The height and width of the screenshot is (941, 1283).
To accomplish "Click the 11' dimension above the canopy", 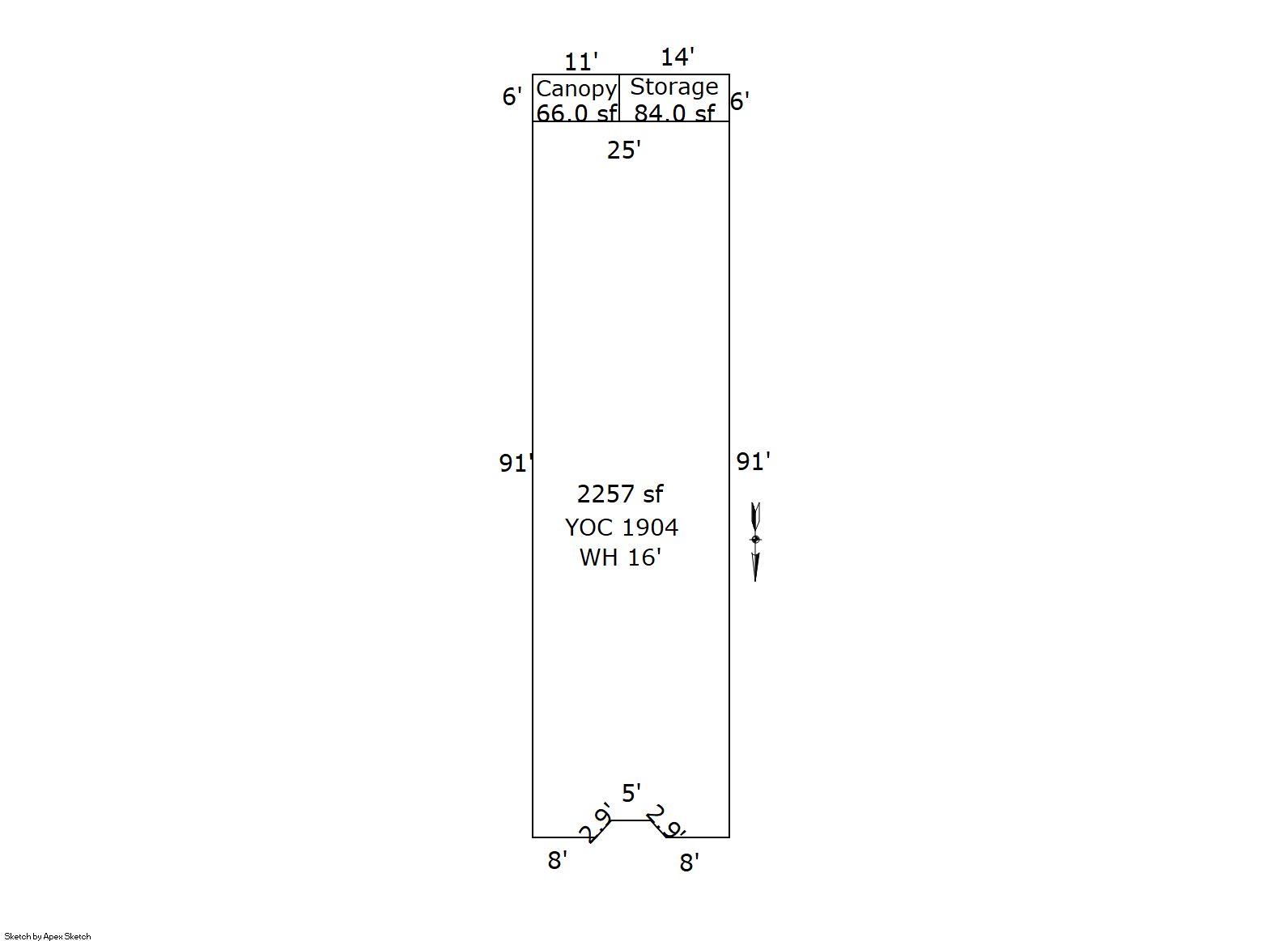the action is coord(580,61).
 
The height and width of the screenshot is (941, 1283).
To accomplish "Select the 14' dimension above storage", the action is coord(677,57).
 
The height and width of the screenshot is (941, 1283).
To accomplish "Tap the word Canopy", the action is coord(576,89).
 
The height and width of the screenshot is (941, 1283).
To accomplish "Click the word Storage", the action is coord(673,87).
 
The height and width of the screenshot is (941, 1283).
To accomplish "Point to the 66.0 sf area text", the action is coord(576,112).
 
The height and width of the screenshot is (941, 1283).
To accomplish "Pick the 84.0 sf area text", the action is coord(674,112).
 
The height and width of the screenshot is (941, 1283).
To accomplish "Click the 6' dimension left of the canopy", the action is coord(512,97).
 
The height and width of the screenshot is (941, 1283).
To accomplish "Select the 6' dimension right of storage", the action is coord(739,101).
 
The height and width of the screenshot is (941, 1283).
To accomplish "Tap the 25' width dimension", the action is coord(623,150).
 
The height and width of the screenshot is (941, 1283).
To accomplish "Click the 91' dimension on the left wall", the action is coord(516,463).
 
